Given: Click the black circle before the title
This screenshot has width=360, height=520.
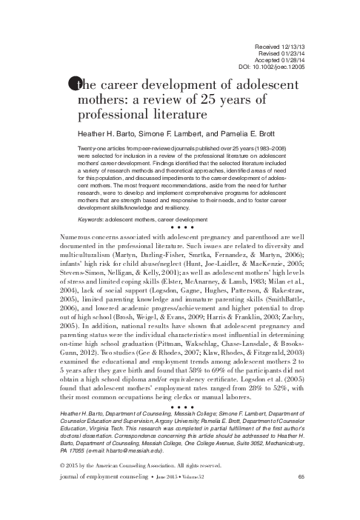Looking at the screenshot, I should (74, 84).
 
